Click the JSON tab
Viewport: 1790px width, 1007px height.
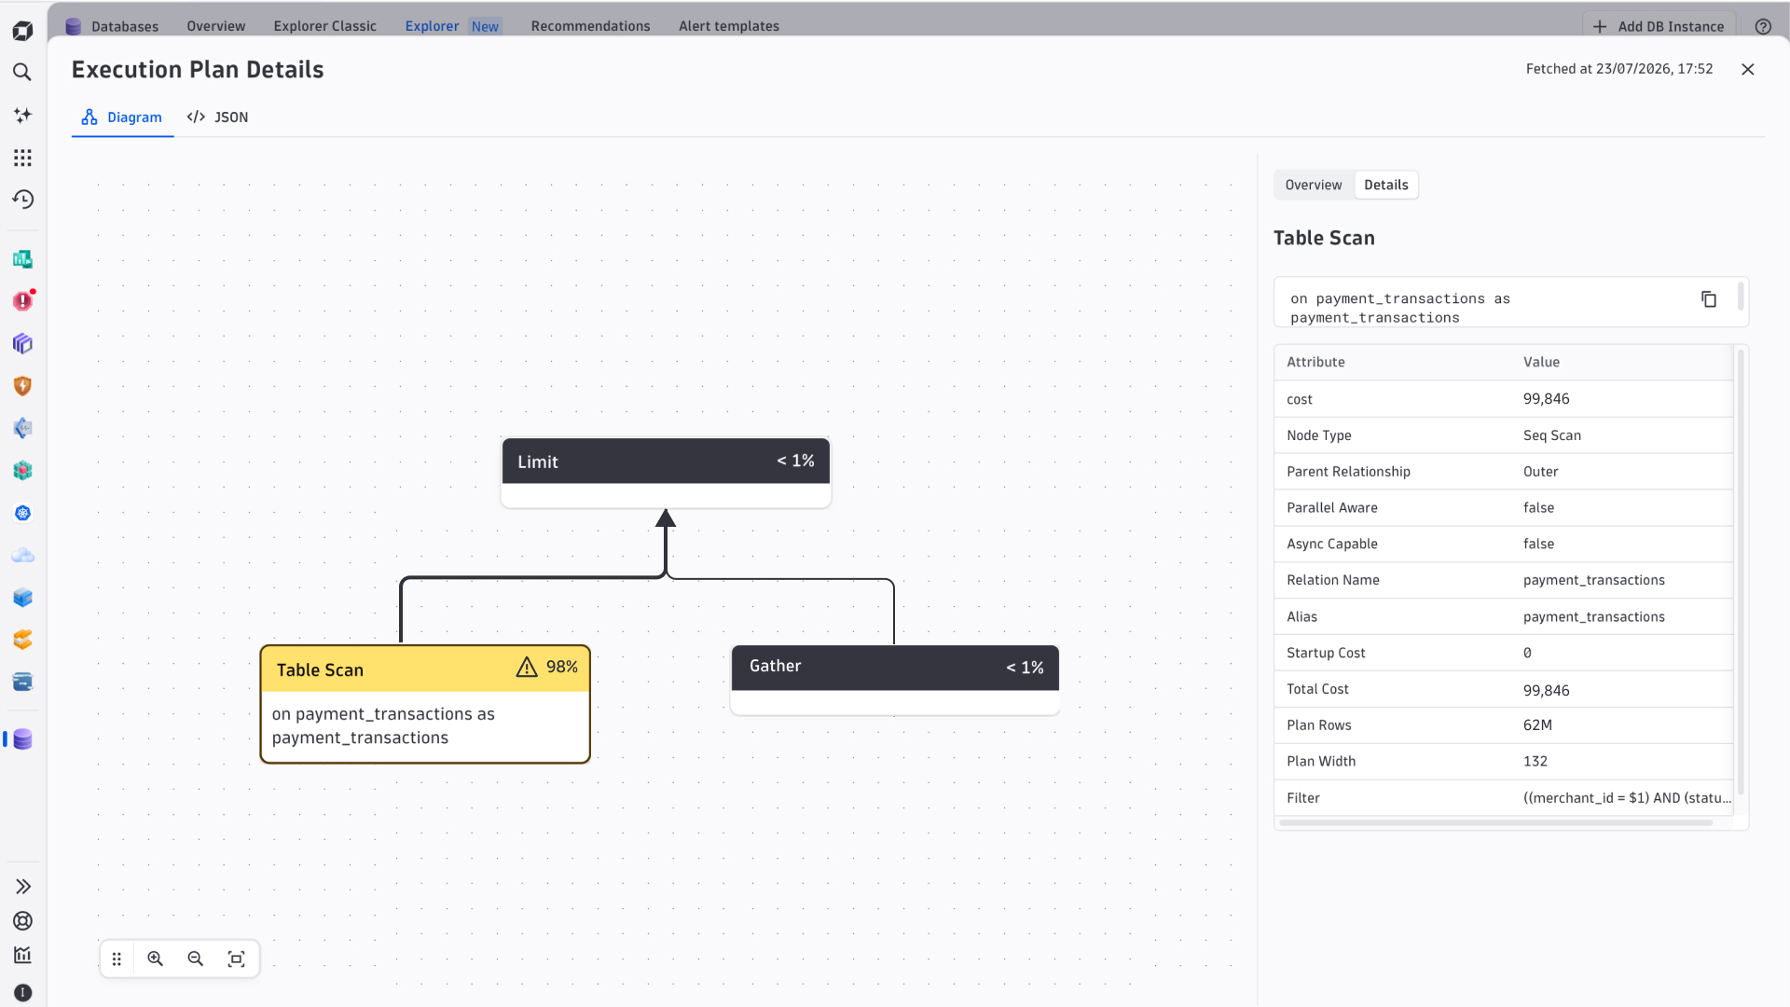pos(217,117)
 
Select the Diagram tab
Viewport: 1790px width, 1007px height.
pos(122,117)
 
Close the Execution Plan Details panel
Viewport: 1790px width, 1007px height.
pos(1748,70)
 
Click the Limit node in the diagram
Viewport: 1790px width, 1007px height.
pos(666,473)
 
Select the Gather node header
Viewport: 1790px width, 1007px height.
pos(895,668)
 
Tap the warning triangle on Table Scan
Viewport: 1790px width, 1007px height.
pos(527,668)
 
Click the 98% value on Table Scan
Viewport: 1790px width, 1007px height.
pos(562,668)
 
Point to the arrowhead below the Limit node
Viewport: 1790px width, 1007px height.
pos(666,518)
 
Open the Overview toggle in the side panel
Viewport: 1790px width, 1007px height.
pos(1314,186)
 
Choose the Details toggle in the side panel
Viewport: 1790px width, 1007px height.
pos(1386,186)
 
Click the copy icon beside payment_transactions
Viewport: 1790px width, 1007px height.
pos(1709,299)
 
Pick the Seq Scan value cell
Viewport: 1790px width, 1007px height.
pos(1552,435)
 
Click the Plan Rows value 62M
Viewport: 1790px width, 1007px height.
pos(1538,725)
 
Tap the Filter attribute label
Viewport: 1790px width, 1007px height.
pos(1303,798)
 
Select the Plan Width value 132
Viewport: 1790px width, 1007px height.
pos(1535,762)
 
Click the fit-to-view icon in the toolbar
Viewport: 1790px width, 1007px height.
pos(237,959)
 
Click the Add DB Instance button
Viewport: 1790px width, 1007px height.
pos(1659,26)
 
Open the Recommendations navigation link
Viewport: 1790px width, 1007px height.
pos(591,26)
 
